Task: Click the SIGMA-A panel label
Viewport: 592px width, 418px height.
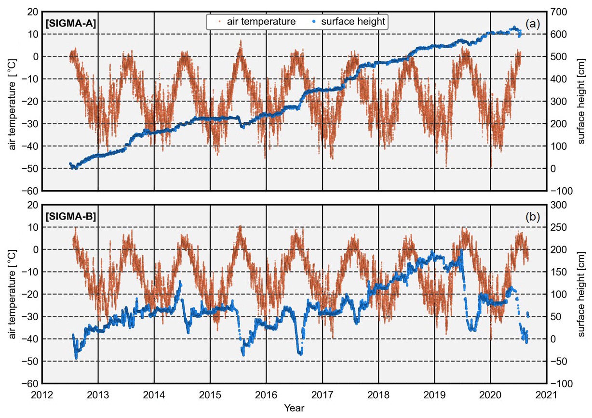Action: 71,22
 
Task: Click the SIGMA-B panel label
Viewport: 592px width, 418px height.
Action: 71,216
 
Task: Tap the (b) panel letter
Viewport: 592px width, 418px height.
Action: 532,217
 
